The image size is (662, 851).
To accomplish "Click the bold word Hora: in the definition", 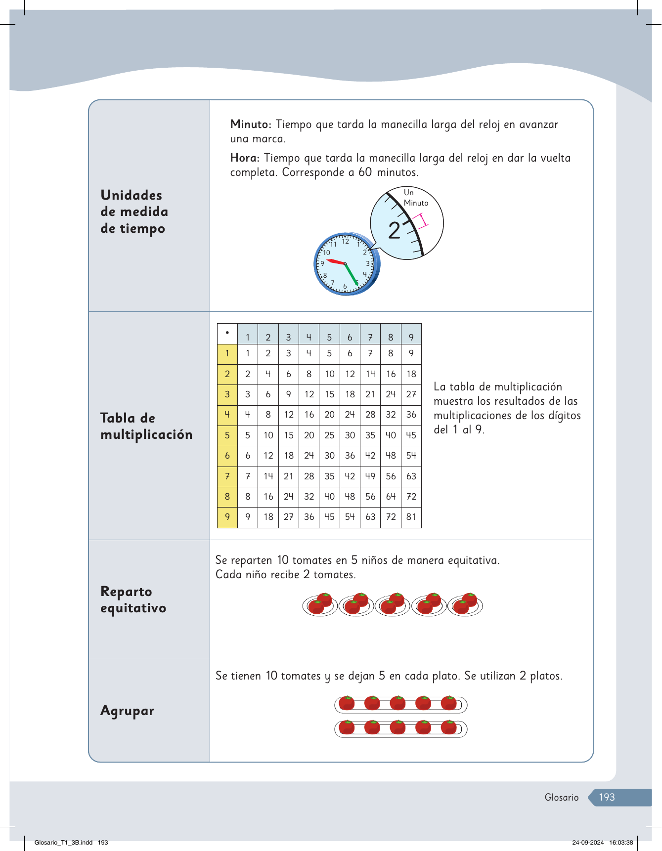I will click(x=245, y=158).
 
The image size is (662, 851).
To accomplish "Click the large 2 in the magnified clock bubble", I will click(x=394, y=231).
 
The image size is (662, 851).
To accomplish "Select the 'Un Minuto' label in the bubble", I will click(x=415, y=198).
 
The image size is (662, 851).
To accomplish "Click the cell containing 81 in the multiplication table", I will click(x=411, y=517).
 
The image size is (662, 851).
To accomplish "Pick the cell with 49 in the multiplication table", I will click(x=370, y=476).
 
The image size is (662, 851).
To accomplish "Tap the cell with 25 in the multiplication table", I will click(x=329, y=435).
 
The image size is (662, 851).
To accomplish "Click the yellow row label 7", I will click(x=227, y=476).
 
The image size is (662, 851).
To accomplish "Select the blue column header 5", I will click(x=329, y=338).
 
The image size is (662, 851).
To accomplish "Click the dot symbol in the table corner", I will click(x=227, y=333).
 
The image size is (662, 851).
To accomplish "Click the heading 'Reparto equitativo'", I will click(x=133, y=599).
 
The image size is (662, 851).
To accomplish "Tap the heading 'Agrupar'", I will click(x=127, y=711).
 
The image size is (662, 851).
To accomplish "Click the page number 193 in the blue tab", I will click(x=607, y=797).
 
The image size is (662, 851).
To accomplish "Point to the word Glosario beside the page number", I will click(x=561, y=797).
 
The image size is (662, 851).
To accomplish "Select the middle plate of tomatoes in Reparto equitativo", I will click(x=392, y=604).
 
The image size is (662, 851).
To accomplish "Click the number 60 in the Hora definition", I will click(x=365, y=172).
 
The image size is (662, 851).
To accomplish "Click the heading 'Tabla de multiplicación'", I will click(x=146, y=426).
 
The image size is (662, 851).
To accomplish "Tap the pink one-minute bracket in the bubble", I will click(x=421, y=220).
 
